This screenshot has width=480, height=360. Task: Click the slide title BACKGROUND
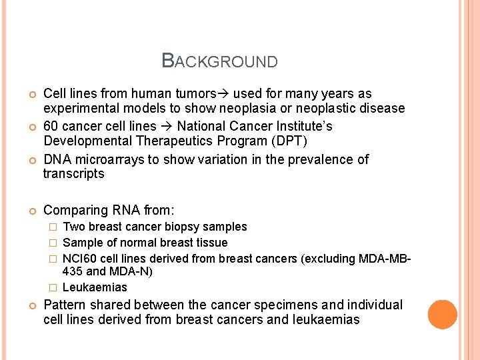point(220,61)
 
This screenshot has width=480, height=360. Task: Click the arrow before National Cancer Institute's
point(166,126)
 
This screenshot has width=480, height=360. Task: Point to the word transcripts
point(73,174)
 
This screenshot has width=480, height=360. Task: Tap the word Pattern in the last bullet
point(64,305)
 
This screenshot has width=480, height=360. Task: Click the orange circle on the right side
point(443,315)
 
